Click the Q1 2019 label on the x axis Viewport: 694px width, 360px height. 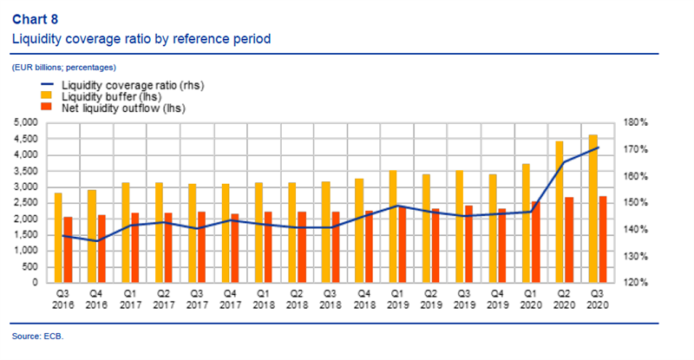click(395, 299)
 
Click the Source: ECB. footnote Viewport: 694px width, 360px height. click(37, 336)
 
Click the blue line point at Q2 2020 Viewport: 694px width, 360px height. click(566, 161)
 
